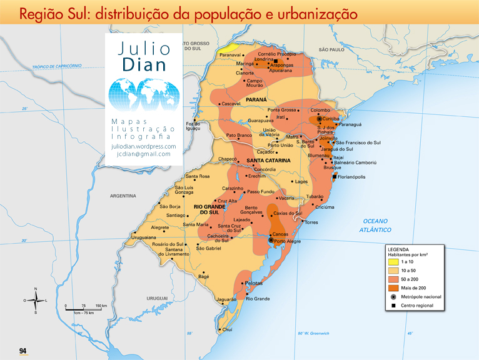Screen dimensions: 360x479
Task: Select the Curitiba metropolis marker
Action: [320, 119]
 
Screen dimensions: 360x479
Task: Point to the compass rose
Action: [36, 300]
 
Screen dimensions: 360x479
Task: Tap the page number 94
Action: [23, 351]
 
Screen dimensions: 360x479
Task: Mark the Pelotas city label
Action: [253, 283]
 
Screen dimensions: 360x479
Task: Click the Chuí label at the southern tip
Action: [228, 329]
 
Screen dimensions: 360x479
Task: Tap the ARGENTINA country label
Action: [123, 196]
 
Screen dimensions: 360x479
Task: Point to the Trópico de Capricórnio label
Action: [58, 66]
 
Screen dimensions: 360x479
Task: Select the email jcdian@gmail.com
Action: [143, 154]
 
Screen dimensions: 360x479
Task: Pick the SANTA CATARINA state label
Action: [270, 161]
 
